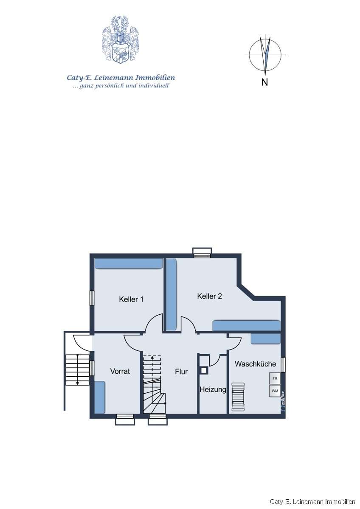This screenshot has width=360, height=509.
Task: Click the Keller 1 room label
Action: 131,299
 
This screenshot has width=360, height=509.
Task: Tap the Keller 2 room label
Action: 209,296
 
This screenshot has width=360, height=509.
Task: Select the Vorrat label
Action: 120,371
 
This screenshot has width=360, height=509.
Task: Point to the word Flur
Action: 181,372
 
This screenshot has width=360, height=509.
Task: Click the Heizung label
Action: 213,389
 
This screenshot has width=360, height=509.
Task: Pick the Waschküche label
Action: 255,364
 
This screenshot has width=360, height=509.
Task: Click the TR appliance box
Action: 275,378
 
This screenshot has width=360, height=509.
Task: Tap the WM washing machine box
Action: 275,391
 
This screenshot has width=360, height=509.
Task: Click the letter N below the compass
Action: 264,83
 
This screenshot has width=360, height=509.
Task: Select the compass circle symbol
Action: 265,55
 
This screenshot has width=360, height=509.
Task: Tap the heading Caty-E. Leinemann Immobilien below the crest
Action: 121,78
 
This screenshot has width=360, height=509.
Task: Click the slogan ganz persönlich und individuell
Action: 121,86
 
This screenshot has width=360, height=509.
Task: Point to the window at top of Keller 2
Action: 202,253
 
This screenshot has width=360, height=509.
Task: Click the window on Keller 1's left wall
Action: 92,298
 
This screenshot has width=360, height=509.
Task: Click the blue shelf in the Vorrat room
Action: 99,397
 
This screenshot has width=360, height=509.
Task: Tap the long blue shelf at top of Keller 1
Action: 128,264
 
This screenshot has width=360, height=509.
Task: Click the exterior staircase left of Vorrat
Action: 77,369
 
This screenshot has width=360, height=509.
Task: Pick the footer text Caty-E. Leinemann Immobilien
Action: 313,502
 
